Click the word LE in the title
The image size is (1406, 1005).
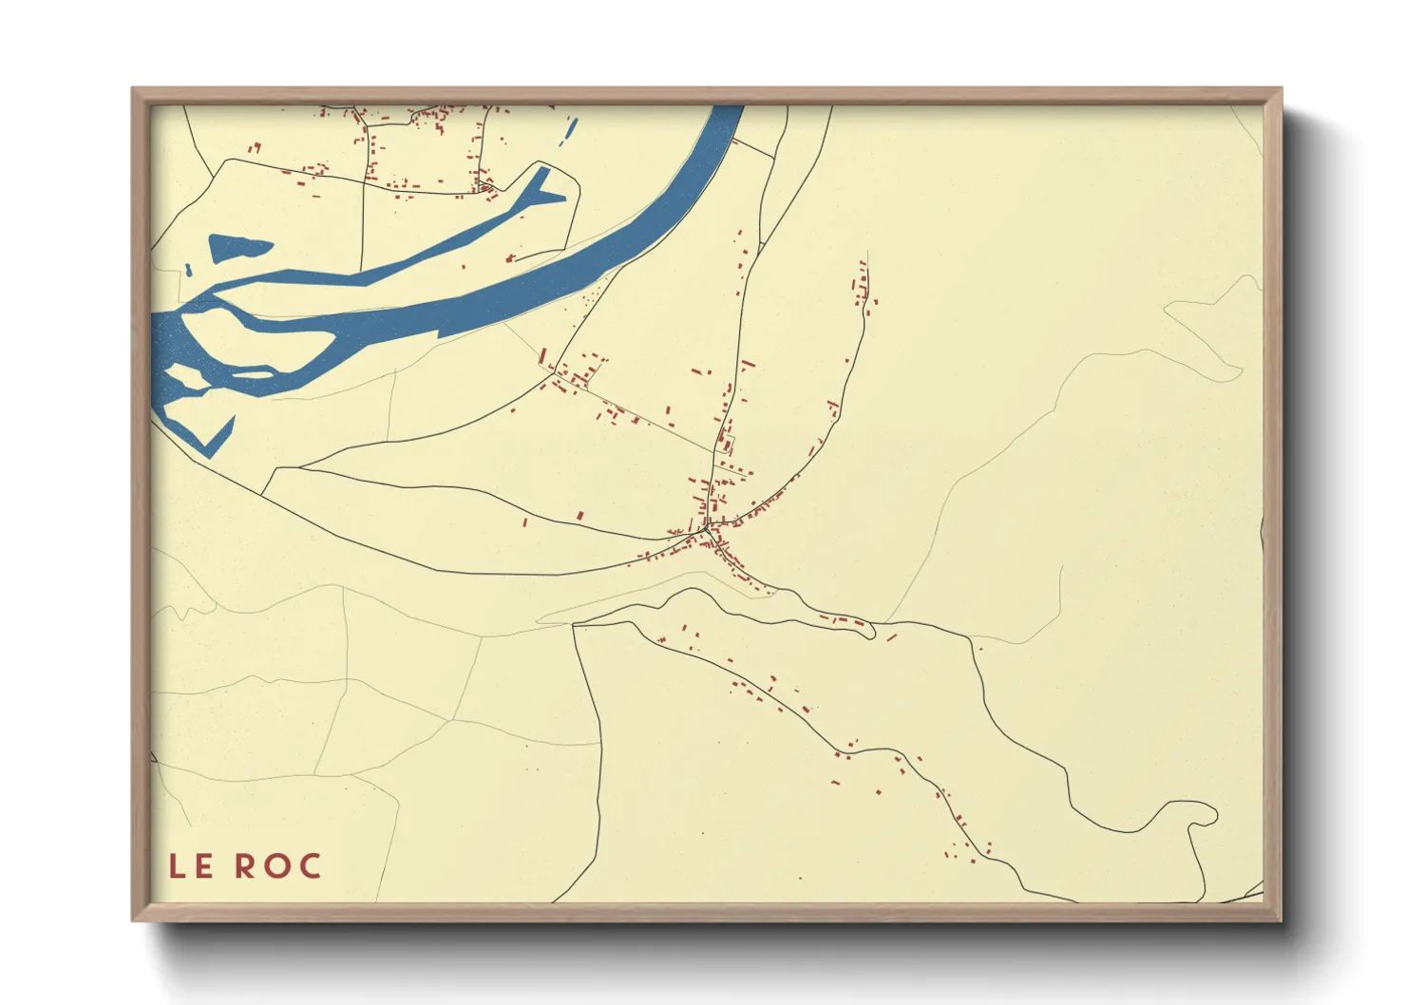pos(191,866)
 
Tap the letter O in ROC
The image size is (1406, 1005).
pos(278,866)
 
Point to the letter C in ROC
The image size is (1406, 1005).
pos(310,866)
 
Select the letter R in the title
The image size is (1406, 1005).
pos(245,866)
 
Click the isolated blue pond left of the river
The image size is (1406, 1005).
pos(237,248)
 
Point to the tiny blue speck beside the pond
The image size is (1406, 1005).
pos(188,271)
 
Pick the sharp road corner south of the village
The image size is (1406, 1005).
pos(575,625)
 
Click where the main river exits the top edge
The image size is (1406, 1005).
pos(727,107)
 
